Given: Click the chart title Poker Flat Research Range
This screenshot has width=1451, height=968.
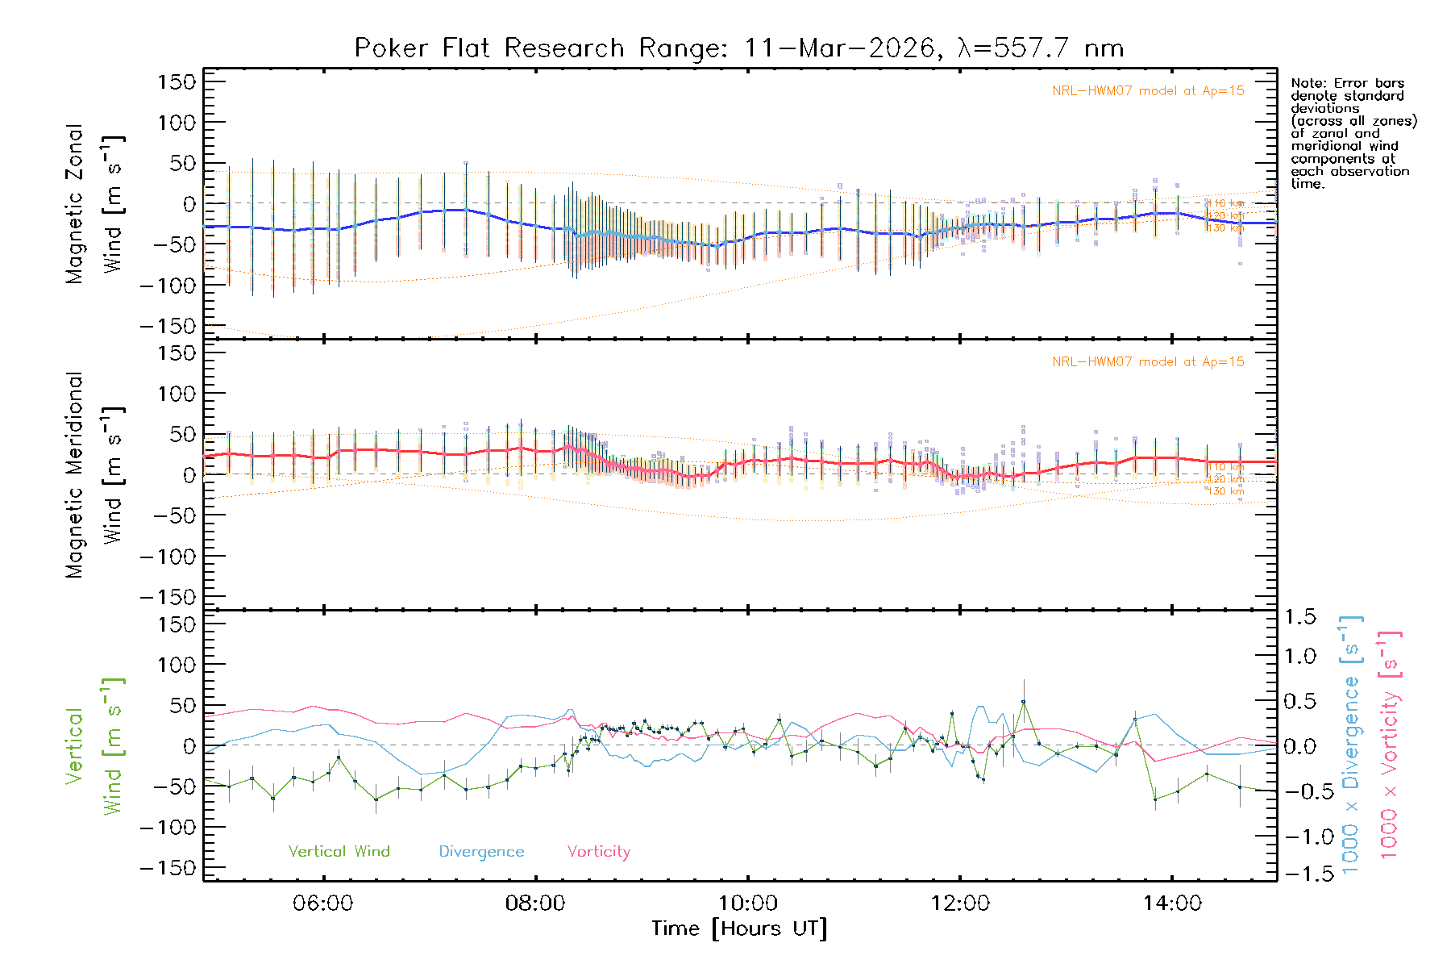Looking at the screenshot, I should [738, 48].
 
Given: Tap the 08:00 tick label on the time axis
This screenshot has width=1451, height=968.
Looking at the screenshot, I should [535, 903].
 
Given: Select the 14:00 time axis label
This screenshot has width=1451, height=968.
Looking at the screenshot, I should [1172, 903].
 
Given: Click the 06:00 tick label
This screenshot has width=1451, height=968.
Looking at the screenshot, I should [323, 903].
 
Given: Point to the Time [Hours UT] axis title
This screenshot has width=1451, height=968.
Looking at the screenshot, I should [739, 929].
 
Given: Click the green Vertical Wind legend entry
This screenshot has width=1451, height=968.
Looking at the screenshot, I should [339, 852].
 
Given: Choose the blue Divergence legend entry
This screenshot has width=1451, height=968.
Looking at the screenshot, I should [481, 852].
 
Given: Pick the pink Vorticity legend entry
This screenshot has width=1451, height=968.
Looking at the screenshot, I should [598, 852].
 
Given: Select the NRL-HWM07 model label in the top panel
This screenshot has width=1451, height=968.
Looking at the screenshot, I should [1148, 91].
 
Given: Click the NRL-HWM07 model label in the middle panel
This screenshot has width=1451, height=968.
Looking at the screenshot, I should [1148, 362].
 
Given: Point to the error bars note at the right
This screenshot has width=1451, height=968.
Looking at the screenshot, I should [1353, 133].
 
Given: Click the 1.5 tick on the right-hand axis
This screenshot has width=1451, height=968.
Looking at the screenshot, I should [1299, 617].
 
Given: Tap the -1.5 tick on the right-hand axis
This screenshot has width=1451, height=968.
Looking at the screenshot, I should [1299, 874].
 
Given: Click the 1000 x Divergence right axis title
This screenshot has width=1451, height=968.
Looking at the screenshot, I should [1350, 745].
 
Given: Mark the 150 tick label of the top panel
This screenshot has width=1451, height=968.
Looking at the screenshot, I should [177, 82].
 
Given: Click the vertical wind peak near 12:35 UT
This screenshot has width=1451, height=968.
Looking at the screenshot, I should [1024, 702].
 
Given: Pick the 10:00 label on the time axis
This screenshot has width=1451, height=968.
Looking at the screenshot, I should [748, 903].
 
